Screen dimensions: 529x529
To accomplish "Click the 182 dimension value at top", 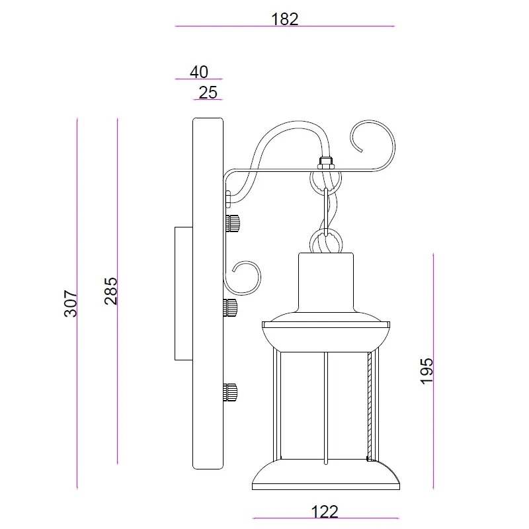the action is [285, 19].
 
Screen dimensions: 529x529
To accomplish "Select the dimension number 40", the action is [199, 72].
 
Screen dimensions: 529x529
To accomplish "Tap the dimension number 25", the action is [208, 93].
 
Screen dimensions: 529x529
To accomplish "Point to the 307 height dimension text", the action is [71, 304].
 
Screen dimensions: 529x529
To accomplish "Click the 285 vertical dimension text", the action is [110, 291].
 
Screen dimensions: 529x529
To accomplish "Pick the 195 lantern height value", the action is [427, 371].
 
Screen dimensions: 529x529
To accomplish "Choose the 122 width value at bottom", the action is [324, 512].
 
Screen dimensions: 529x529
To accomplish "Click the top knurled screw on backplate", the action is [233, 224].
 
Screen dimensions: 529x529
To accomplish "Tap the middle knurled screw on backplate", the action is [230, 307].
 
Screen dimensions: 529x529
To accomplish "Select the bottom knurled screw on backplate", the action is [230, 392].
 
